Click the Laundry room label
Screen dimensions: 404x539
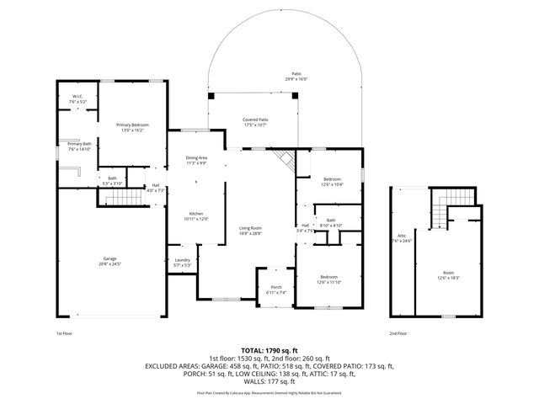point(183,262)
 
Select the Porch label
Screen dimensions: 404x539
point(275,290)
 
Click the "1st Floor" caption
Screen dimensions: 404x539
point(65,332)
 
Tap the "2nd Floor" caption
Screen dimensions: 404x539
point(399,332)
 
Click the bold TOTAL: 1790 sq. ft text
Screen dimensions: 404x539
point(269,349)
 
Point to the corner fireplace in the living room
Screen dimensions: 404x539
point(285,159)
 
